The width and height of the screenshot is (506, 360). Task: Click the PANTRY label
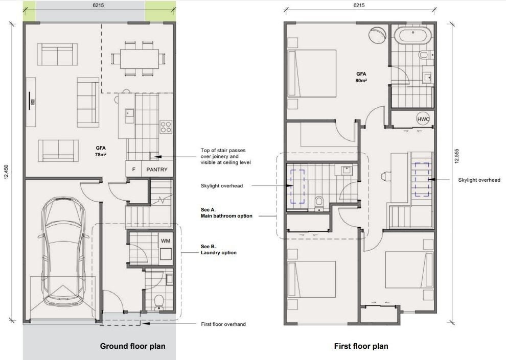point(157,170)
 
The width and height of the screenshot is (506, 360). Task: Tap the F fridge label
point(133,170)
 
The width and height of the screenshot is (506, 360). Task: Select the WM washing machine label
point(166,241)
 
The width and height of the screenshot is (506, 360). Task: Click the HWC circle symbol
point(423,119)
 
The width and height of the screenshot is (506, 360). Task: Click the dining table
point(140,59)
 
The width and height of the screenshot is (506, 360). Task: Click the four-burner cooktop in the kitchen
point(166,127)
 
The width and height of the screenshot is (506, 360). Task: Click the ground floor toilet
point(158,302)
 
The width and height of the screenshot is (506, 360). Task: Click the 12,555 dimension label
point(456,156)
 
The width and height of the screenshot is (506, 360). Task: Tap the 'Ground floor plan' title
point(132,346)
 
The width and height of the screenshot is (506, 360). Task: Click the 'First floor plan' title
point(361,346)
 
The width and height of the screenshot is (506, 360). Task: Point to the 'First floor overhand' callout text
point(223,324)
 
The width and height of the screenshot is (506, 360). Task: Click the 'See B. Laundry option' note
point(218,250)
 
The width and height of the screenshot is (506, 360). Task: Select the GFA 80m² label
point(361,77)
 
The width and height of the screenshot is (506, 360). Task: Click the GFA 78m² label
point(101,151)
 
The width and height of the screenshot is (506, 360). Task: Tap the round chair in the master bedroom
point(378,35)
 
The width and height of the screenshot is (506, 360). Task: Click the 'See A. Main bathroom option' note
point(226,213)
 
